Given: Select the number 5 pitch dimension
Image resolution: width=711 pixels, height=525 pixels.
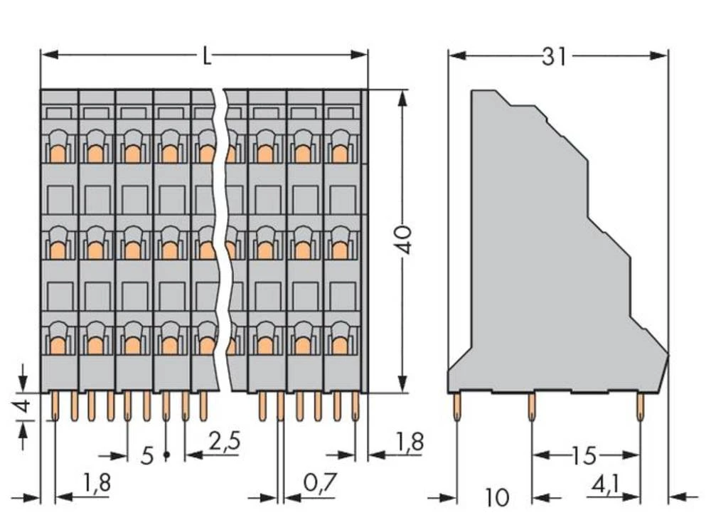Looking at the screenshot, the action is pyautogui.click(x=146, y=455).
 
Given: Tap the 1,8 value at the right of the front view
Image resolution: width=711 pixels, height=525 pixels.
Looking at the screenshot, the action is pyautogui.click(x=408, y=441).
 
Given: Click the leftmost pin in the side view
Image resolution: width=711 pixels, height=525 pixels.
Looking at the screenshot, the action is pyautogui.click(x=456, y=408).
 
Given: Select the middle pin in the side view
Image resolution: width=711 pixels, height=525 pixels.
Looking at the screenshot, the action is pyautogui.click(x=531, y=408).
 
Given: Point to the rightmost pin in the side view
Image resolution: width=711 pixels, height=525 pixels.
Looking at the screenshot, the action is pyautogui.click(x=640, y=408).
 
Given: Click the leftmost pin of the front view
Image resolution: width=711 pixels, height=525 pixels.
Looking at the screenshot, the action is pyautogui.click(x=55, y=406).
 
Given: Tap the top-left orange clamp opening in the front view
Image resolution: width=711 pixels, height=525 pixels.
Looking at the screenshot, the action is pyautogui.click(x=58, y=154).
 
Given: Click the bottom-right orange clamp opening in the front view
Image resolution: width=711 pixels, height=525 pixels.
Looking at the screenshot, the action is pyautogui.click(x=340, y=346).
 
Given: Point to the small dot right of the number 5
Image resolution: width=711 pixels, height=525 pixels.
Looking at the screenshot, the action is pyautogui.click(x=166, y=453).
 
